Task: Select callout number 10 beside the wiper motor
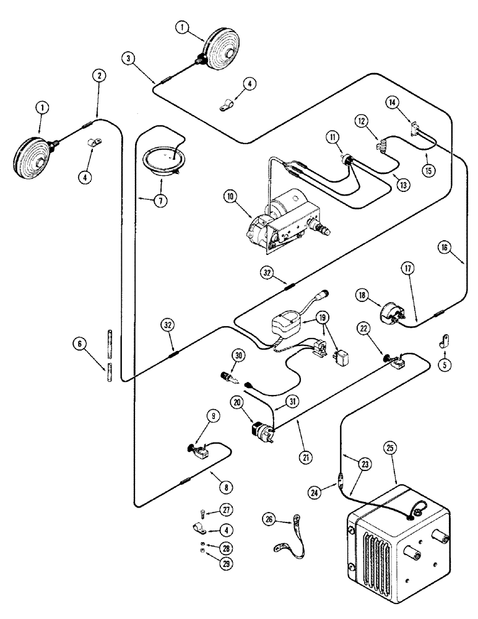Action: pos(231,197)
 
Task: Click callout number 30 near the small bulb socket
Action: pos(238,355)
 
